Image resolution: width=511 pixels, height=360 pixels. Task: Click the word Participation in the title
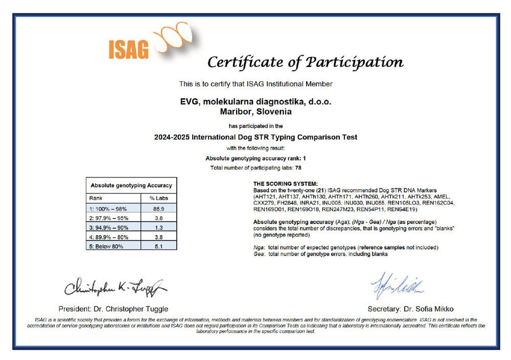point(355,62)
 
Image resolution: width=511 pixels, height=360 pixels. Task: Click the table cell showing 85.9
point(158,208)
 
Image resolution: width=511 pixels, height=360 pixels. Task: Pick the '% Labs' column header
point(158,198)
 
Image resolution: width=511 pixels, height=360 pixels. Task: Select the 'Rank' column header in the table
point(96,198)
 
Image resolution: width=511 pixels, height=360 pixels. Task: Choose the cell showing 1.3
point(158,227)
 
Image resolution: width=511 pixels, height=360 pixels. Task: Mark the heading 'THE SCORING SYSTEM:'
point(285,183)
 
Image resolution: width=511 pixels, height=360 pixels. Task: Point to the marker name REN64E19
point(403,210)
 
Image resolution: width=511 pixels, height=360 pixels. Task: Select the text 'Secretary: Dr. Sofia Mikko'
point(410,309)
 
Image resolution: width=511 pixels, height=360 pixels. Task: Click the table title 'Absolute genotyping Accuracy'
point(131,185)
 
